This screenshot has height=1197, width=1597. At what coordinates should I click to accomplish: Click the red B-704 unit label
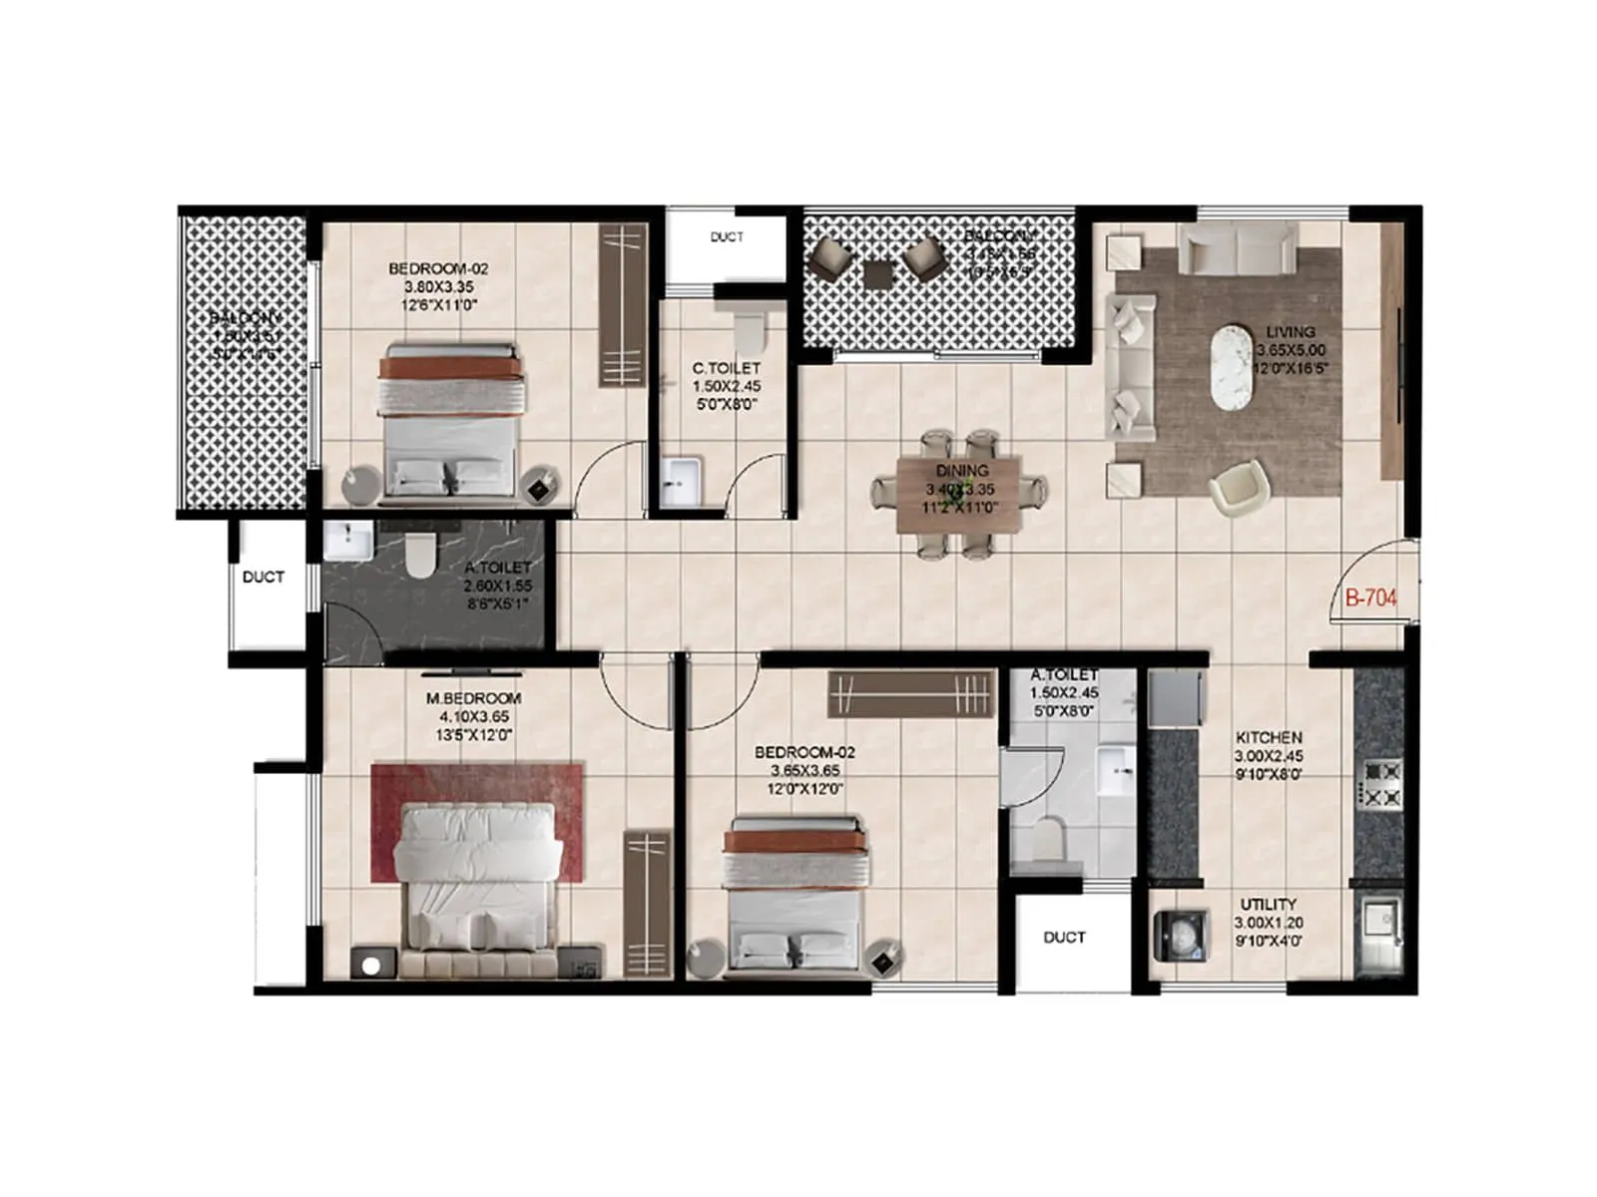coord(1369,598)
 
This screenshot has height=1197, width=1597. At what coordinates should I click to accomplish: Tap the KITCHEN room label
coord(1269,738)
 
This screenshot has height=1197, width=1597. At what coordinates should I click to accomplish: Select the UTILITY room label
coord(1269,905)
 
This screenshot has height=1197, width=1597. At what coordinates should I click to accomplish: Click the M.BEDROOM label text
coord(473,698)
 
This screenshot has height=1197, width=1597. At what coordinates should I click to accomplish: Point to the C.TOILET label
coord(726,368)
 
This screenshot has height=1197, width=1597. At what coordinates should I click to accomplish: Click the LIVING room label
coord(1291,332)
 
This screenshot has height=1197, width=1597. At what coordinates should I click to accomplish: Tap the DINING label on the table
coord(962,471)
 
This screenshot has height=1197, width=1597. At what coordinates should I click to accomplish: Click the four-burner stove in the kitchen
coord(1382,784)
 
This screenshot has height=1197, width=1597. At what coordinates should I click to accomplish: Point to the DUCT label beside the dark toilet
coord(264,577)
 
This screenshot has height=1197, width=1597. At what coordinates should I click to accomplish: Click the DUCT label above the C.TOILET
coord(727,237)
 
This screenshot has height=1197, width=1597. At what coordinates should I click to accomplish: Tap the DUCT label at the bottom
coord(1064,938)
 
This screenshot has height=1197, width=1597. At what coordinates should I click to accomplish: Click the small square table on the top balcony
coord(879,274)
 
